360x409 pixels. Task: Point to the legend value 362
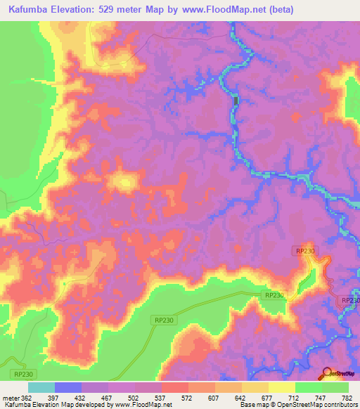click(x=26, y=397)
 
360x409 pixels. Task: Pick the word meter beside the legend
click(x=9, y=397)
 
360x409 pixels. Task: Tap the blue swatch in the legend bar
click(x=68, y=387)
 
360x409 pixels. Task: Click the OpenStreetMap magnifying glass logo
click(x=326, y=373)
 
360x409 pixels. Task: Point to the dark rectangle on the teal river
click(x=236, y=101)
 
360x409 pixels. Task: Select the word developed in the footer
click(x=96, y=405)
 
